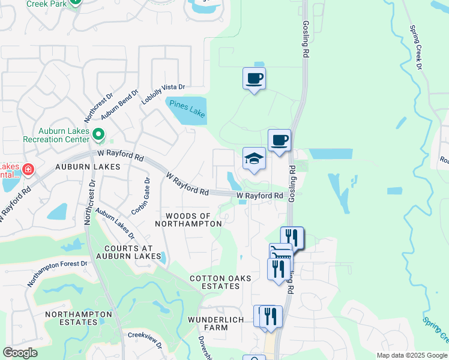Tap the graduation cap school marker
coord(254,160)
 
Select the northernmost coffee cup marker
coord(254,78)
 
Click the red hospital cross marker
coord(27,172)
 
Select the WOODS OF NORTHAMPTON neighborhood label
coord(188,220)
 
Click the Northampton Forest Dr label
coord(58,272)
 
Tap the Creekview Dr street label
coord(145,342)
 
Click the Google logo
coord(20,353)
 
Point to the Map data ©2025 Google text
coord(411,355)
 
